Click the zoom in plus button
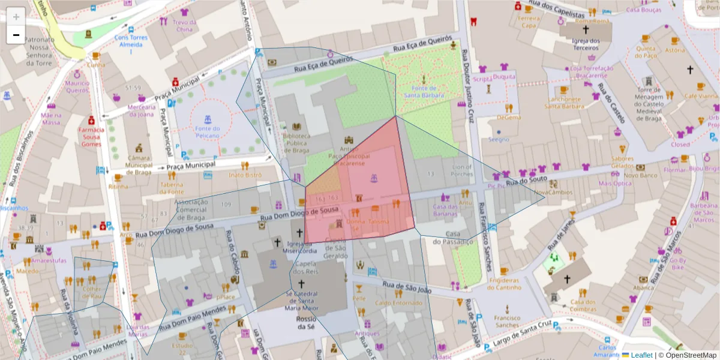point(16,17)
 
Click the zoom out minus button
point(16,35)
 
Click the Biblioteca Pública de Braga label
point(296,143)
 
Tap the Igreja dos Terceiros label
point(586,44)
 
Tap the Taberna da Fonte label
point(172,188)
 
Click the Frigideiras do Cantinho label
point(504,284)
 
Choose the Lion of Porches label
point(462,170)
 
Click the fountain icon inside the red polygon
point(374,177)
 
